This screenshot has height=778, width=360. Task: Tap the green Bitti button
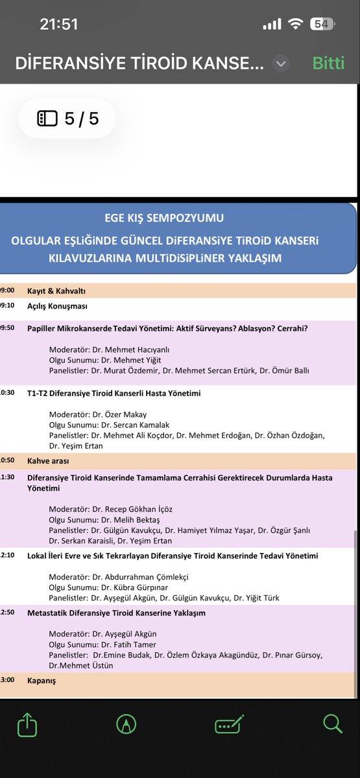[332, 64]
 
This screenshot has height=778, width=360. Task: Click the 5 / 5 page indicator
[67, 119]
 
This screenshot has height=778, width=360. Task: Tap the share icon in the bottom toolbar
[28, 724]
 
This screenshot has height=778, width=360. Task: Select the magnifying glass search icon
[332, 724]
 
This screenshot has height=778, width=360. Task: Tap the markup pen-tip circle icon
[126, 724]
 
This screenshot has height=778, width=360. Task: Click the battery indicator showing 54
[322, 24]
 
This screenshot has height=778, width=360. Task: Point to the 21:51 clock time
[58, 24]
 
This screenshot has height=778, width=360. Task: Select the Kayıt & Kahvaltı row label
[56, 291]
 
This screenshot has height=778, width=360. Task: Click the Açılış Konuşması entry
[57, 306]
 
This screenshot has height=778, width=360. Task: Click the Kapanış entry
[42, 681]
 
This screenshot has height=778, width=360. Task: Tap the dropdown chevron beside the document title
[281, 64]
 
